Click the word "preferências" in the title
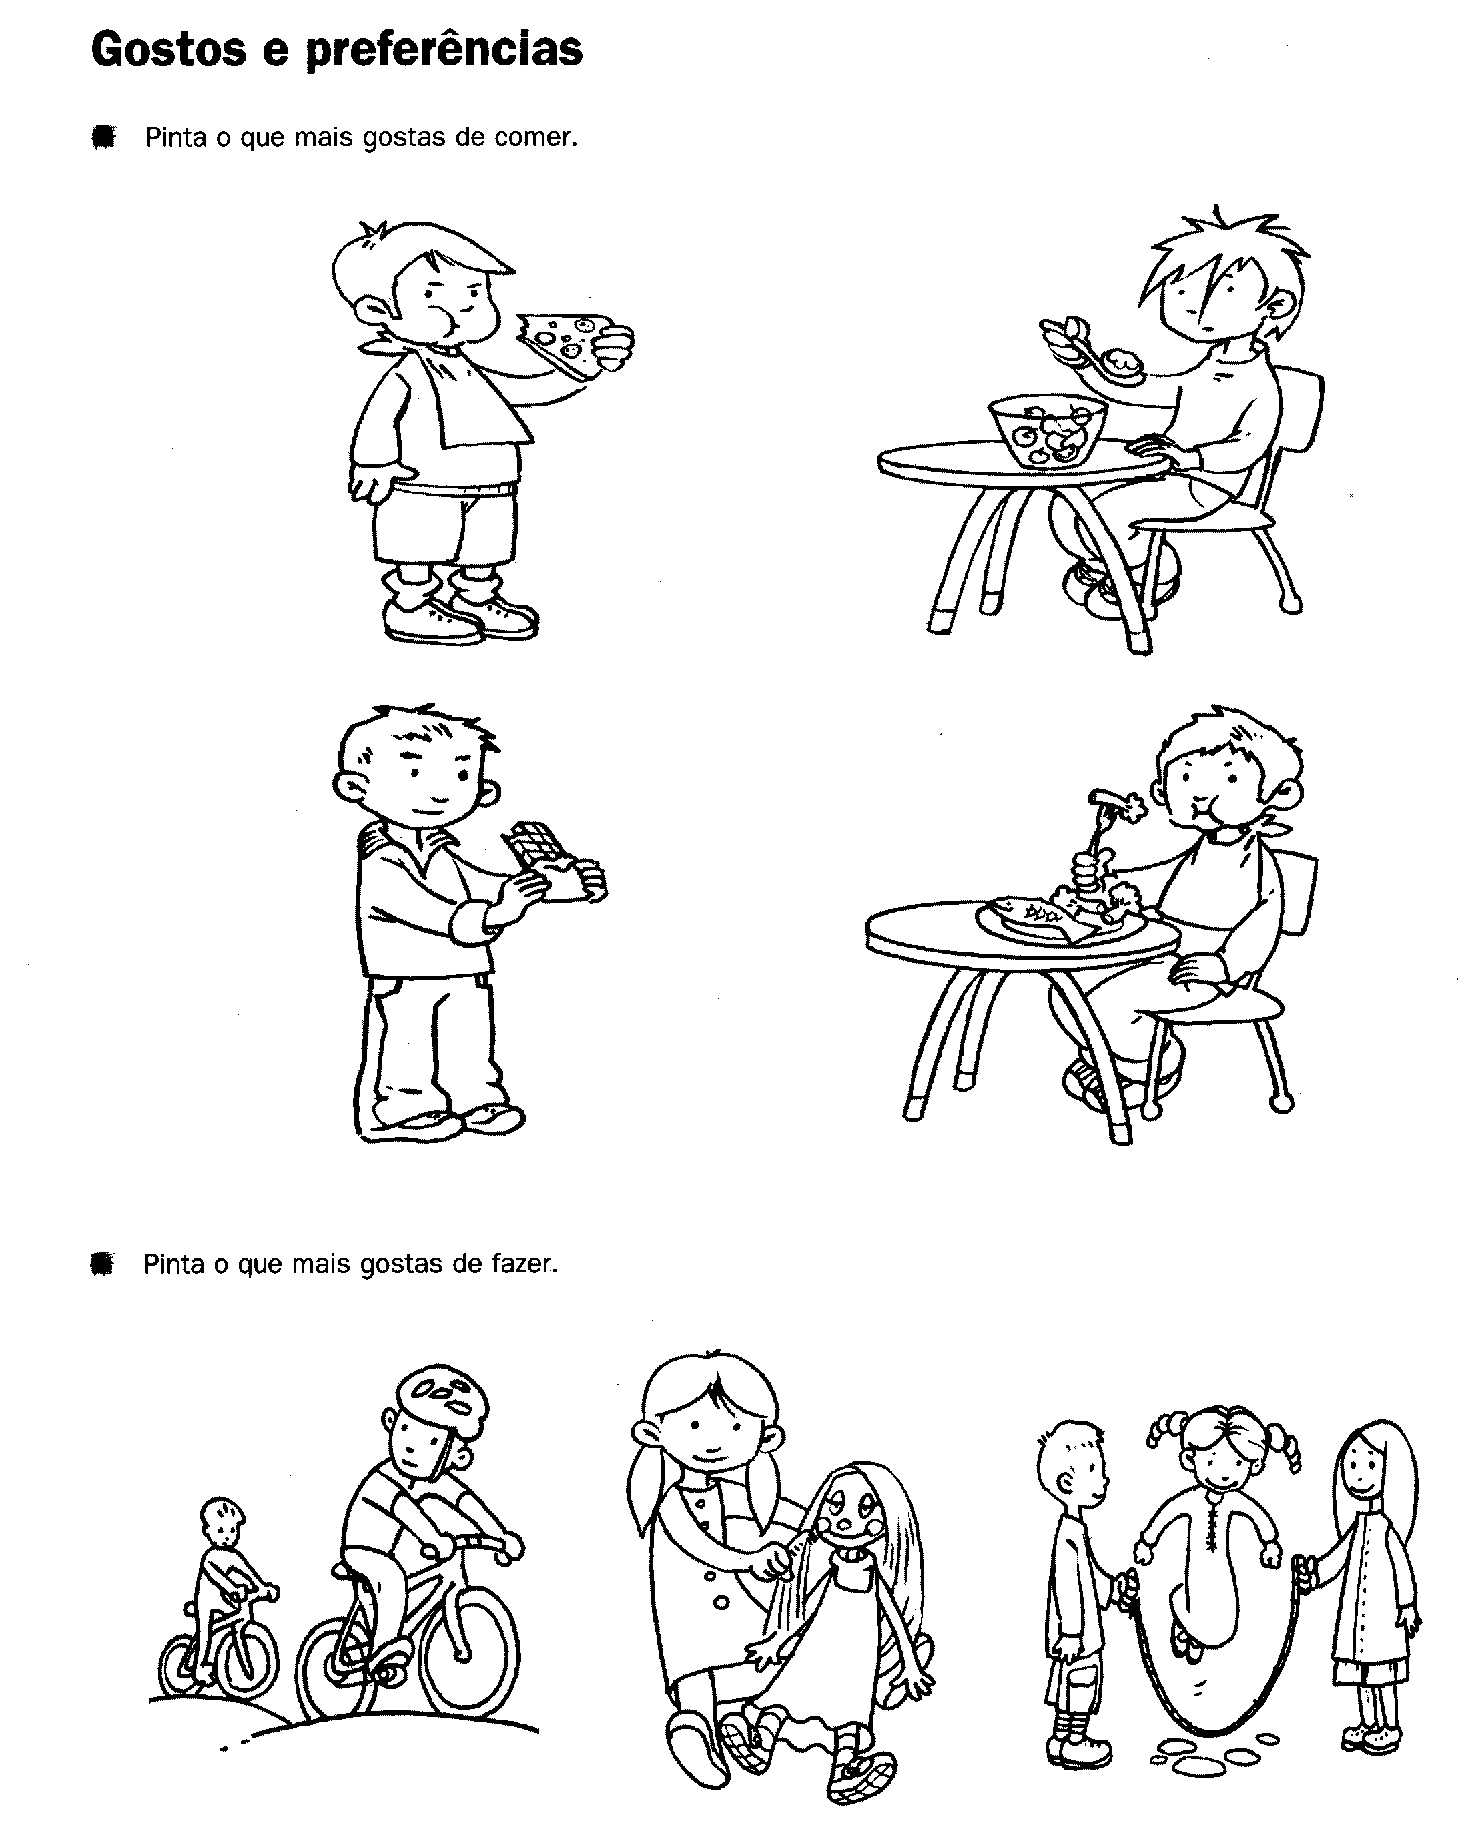coord(444,51)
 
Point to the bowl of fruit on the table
coord(1048,431)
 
